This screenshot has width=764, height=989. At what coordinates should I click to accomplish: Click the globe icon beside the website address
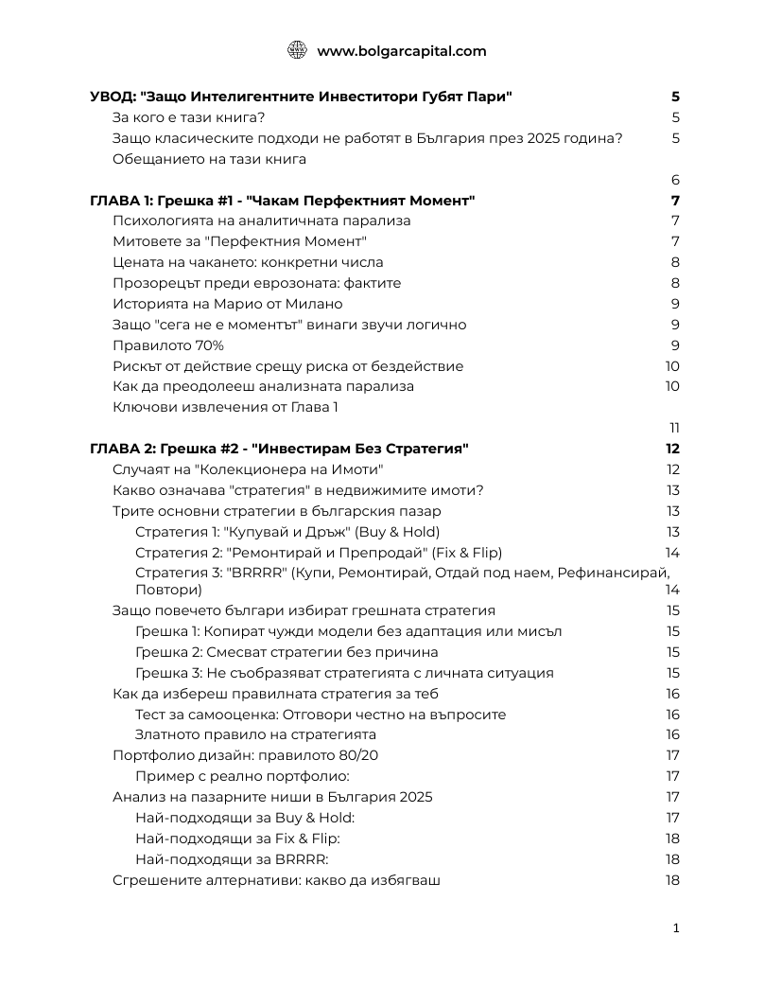coord(297,51)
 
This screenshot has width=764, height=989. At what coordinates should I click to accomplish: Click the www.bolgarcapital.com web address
coord(402,51)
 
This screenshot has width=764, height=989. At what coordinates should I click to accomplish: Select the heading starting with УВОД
coord(301,97)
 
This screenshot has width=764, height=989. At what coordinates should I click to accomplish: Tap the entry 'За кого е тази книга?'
coord(188,118)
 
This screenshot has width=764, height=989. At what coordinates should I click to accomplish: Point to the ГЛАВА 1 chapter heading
coord(282,201)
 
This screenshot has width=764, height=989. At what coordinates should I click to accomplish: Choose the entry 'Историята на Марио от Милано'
coord(227,304)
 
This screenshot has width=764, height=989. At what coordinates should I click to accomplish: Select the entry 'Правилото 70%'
coord(168,345)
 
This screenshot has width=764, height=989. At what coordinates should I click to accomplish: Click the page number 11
coord(674,428)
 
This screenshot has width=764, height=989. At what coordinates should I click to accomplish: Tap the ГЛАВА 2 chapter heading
coord(279,449)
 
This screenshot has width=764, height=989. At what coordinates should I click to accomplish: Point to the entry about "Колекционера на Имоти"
coord(248,469)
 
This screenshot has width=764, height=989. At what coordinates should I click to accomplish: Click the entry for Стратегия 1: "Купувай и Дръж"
coord(287,532)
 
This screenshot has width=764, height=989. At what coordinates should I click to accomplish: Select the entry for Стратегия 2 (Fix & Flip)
coord(319,553)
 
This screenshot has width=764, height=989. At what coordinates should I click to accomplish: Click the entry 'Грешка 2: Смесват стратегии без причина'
coord(286,652)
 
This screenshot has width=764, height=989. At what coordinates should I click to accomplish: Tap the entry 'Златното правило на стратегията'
coord(255,734)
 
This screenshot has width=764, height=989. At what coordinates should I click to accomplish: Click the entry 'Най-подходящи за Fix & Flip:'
coord(237,839)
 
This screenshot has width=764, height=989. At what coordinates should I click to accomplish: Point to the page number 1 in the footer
coord(676,928)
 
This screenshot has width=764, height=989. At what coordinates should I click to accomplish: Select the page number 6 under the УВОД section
coord(675,180)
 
